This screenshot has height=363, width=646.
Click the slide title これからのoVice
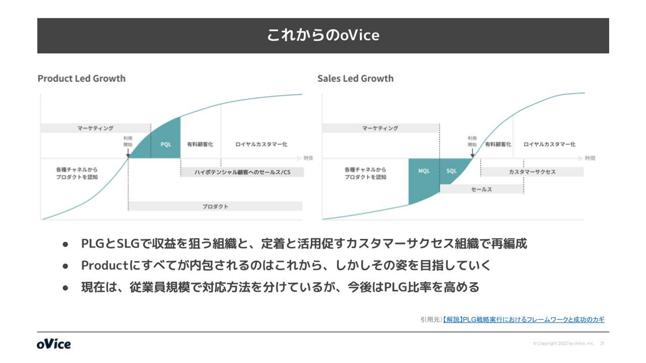pyautogui.click(x=323, y=35)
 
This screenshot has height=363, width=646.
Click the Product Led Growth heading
pyautogui.click(x=82, y=78)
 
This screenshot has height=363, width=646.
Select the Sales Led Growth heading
pyautogui.click(x=355, y=78)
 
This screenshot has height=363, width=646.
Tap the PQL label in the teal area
pyautogui.click(x=166, y=144)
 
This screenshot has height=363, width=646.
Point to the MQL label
pyautogui.click(x=423, y=171)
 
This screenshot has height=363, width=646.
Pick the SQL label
pyautogui.click(x=451, y=171)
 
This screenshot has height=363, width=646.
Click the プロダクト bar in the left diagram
pyautogui.click(x=215, y=207)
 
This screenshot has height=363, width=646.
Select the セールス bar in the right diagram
pyautogui.click(x=481, y=190)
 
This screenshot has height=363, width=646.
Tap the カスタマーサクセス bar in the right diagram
pyautogui.click(x=532, y=172)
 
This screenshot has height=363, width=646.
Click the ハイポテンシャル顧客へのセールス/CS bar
pyautogui.click(x=242, y=172)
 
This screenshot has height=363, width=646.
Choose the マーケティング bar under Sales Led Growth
pyautogui.click(x=380, y=128)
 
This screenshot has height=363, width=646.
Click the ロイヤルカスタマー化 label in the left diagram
pyautogui.click(x=261, y=144)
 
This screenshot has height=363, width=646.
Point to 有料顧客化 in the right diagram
pyautogui.click(x=498, y=144)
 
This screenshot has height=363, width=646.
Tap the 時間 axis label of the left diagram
pyautogui.click(x=308, y=158)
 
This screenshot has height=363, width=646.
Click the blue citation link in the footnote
pyautogui.click(x=523, y=320)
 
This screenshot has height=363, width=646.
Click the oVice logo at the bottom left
pyautogui.click(x=54, y=344)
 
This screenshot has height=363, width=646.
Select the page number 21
pyautogui.click(x=602, y=344)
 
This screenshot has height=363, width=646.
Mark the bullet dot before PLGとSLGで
pyautogui.click(x=65, y=245)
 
